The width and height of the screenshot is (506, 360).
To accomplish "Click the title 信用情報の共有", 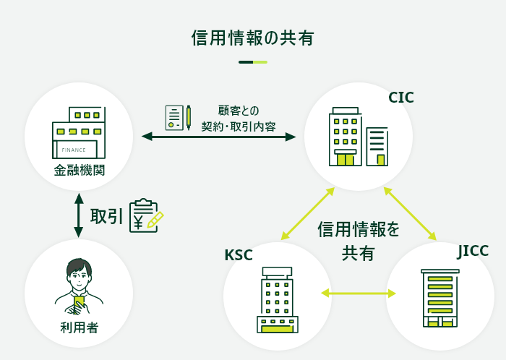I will point(252,38).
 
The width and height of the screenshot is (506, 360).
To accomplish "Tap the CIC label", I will point(401,98).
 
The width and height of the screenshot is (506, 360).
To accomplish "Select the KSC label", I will point(239,255).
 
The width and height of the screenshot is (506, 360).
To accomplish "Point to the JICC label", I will point(473,251).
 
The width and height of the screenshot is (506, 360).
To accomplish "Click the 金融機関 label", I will point(79,171).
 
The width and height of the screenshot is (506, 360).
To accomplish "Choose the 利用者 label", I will point(79,327).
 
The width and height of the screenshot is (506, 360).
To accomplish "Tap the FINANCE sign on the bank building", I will point(74,150).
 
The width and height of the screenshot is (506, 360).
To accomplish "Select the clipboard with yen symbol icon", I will point(145,216).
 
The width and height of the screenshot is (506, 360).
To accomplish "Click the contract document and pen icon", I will point(178,117).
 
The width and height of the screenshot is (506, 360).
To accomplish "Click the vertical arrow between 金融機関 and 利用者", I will point(79,215).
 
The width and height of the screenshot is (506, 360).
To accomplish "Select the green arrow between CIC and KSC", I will point(307,213).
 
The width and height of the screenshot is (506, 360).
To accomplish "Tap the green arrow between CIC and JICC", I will point(410,213).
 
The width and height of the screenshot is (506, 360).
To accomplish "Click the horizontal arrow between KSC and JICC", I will point(359,293).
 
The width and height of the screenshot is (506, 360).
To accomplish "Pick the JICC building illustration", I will point(440,298).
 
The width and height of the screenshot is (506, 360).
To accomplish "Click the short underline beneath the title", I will point(252,62).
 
